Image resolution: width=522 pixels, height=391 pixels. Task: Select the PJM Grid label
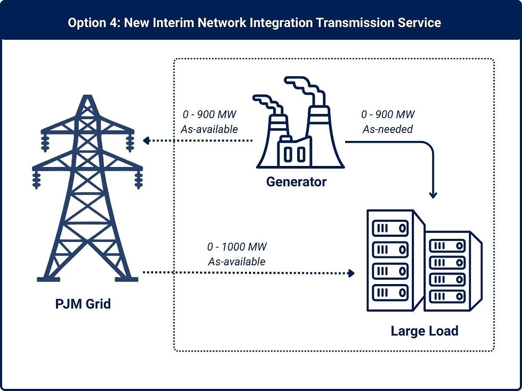83,305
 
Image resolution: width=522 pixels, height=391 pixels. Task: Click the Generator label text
296,182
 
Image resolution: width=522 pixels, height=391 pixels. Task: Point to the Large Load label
424,331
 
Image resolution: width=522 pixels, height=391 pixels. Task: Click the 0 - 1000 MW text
236,247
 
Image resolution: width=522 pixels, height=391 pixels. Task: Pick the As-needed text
387,129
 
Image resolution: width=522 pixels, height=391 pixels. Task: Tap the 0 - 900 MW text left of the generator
209,115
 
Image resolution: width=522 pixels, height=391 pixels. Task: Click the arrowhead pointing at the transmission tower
145,140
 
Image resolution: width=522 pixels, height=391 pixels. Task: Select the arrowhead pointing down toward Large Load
433,195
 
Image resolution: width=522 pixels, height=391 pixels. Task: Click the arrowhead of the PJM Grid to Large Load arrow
351,273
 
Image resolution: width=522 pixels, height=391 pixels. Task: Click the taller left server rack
394,261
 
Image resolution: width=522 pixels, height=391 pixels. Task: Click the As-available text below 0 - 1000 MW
236,262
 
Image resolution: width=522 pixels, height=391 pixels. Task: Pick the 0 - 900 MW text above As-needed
387,115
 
